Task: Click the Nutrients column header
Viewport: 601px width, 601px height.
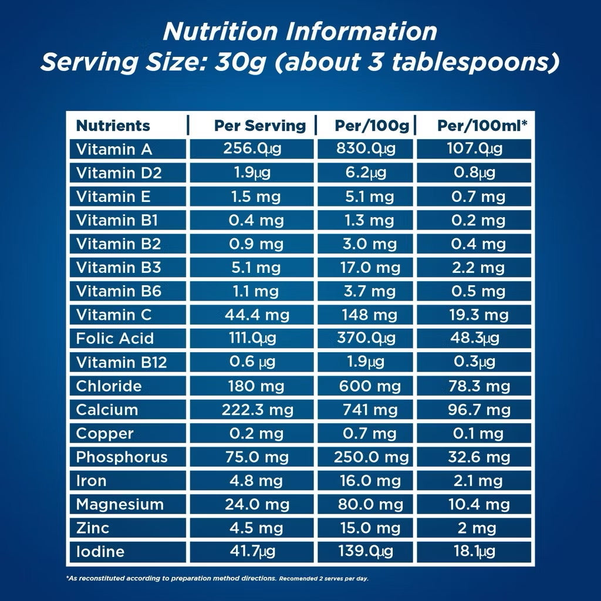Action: tap(113, 126)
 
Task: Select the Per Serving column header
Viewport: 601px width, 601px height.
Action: tap(259, 126)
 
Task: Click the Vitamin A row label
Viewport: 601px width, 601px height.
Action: tap(114, 149)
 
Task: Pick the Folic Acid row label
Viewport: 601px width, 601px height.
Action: tap(115, 339)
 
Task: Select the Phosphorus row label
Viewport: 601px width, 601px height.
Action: tap(122, 457)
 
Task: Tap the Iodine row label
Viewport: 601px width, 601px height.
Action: tap(100, 552)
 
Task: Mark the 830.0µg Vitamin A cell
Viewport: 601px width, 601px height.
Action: tap(366, 149)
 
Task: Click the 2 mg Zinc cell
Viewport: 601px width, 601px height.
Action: tap(477, 528)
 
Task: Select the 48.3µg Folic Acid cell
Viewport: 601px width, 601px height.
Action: tap(477, 339)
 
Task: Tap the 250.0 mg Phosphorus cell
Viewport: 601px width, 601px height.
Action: tap(371, 457)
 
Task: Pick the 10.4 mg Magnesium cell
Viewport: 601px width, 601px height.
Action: tap(477, 504)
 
